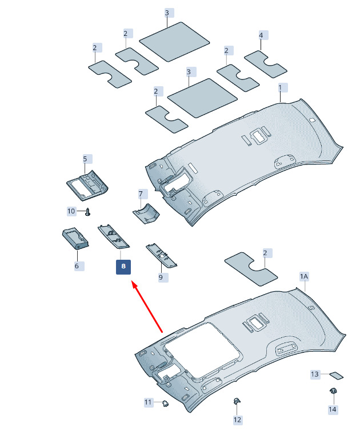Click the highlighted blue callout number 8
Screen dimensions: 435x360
coord(123,267)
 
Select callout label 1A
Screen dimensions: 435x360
coord(304,276)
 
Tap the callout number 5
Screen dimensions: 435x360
coord(85,159)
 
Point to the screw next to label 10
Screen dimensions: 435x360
coord(88,212)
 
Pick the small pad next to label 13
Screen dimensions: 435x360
coord(336,375)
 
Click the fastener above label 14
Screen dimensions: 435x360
coord(332,391)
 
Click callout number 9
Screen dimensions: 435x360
coord(161,277)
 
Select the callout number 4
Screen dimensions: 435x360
coord(261,35)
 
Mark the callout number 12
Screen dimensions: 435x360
coord(237,420)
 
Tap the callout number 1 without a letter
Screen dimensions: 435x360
coord(280,88)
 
